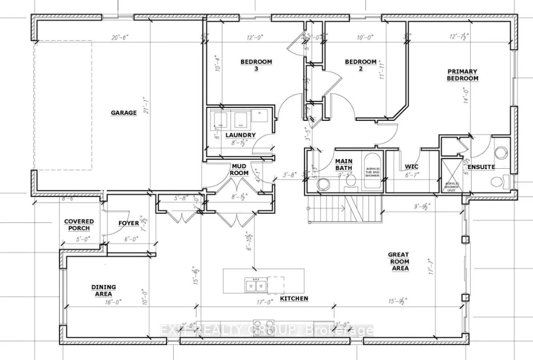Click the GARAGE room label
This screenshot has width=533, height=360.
click(123, 113)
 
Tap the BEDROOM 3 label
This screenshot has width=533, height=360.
click(256, 66)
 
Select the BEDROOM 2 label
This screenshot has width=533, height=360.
click(360, 66)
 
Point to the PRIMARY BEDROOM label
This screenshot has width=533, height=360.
click(463, 75)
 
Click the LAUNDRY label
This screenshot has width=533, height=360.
click(241, 135)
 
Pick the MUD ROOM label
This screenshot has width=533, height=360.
click(239, 170)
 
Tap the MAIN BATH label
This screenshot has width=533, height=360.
click(344, 165)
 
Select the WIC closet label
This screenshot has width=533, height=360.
click(412, 166)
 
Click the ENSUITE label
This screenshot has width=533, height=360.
click(481, 167)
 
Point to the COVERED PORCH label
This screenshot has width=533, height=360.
click(79, 225)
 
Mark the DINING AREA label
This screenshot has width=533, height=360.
click(104, 290)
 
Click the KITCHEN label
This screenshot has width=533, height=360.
click(294, 298)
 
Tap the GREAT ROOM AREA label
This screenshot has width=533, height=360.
click(398, 261)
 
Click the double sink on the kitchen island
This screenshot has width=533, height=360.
click(255, 285)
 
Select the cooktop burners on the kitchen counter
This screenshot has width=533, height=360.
click(264, 328)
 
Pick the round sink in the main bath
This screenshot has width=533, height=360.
click(323, 184)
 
